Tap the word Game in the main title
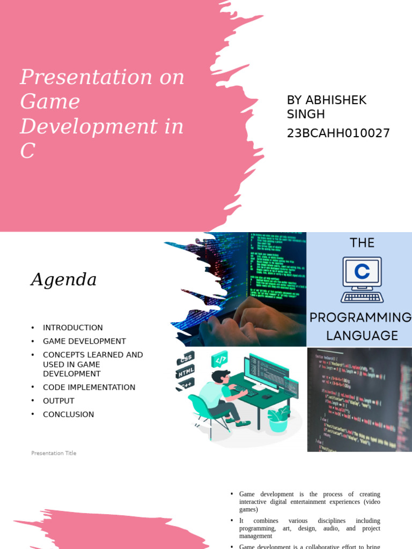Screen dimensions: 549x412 pyautogui.click(x=50, y=102)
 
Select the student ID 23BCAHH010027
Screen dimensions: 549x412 pyautogui.click(x=338, y=133)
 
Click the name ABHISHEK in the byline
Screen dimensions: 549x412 pyautogui.click(x=336, y=100)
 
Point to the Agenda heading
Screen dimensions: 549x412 pyautogui.click(x=63, y=279)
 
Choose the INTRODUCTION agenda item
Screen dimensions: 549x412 pyautogui.click(x=73, y=328)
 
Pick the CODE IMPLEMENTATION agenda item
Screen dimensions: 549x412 pyautogui.click(x=89, y=387)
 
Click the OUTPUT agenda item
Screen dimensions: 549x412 pyautogui.click(x=58, y=400)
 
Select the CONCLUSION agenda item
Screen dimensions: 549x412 pyautogui.click(x=68, y=414)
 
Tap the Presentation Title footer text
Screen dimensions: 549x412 pyautogui.click(x=54, y=453)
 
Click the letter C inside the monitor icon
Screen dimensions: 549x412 pyautogui.click(x=362, y=272)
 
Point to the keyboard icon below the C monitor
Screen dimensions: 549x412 pyautogui.click(x=362, y=296)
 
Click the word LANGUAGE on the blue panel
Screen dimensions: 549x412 pyautogui.click(x=362, y=336)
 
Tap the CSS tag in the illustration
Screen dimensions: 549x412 pyautogui.click(x=186, y=358)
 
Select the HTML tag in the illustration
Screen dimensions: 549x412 pyautogui.click(x=186, y=371)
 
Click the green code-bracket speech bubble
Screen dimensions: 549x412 pyautogui.click(x=220, y=358)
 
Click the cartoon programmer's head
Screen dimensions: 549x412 pyautogui.click(x=220, y=377)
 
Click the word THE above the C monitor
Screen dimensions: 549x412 pyautogui.click(x=362, y=243)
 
